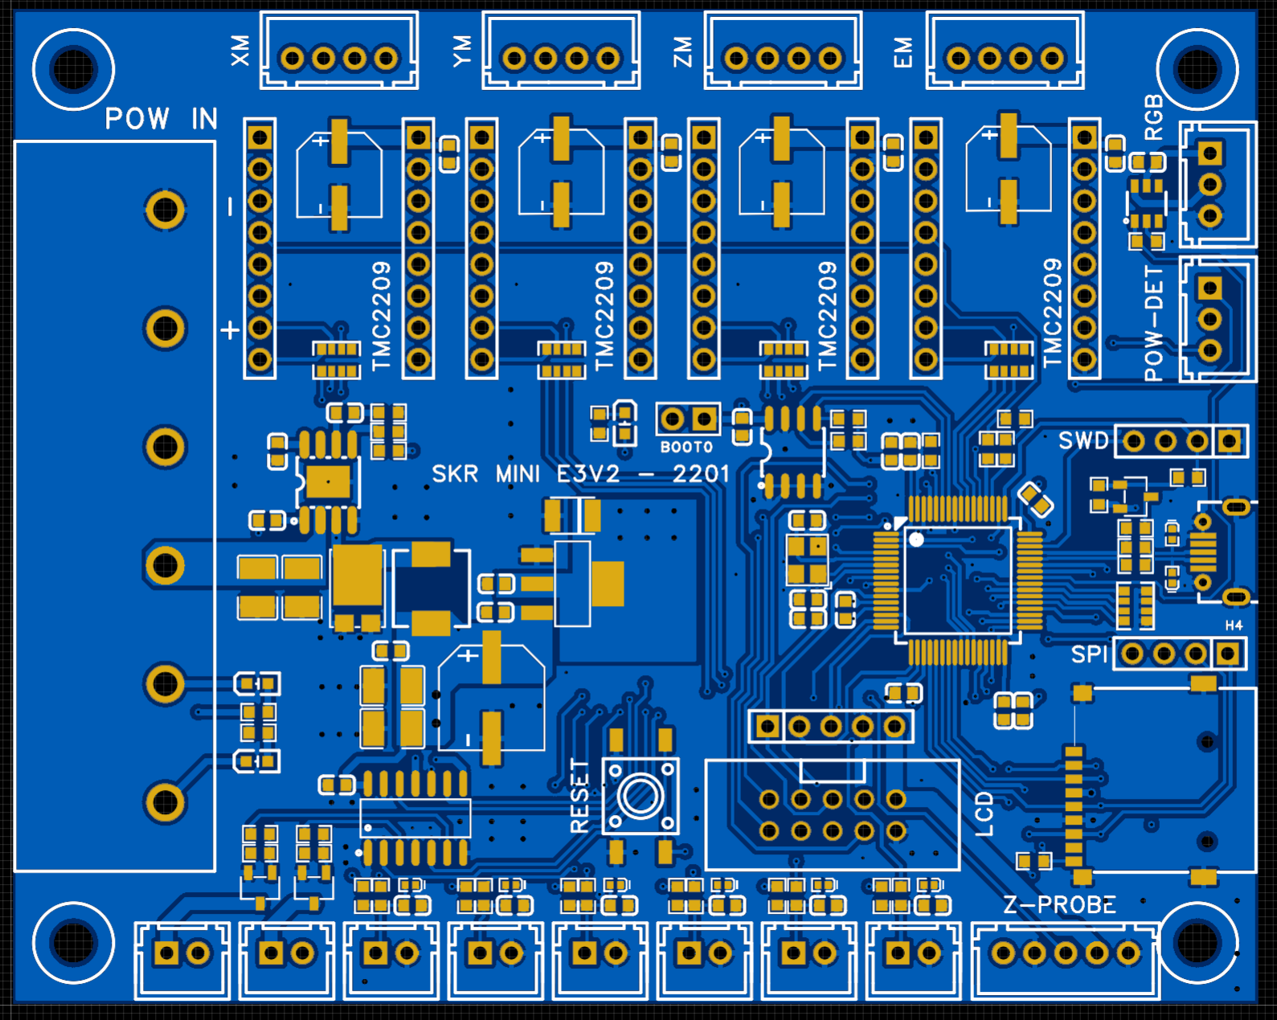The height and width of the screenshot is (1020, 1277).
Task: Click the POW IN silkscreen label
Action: [161, 119]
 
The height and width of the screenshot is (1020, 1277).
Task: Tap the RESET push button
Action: [640, 797]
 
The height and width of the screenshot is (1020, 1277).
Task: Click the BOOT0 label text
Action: [686, 447]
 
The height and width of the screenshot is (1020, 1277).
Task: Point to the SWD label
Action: [1083, 440]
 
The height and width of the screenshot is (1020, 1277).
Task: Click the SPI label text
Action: [1089, 654]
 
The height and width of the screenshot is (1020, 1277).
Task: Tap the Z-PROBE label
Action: [1059, 905]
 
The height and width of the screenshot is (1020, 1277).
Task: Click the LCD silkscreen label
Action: [984, 813]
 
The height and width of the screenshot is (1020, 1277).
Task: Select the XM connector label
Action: [240, 51]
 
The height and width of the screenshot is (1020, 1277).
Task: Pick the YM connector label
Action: [461, 51]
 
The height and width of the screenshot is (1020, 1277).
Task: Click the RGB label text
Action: [1153, 117]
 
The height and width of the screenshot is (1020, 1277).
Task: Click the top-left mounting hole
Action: [73, 69]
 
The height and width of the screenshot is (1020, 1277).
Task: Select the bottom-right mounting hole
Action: [1197, 942]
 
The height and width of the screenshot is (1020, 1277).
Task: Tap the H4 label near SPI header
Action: [1234, 625]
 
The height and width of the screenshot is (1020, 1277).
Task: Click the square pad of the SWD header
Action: [1229, 440]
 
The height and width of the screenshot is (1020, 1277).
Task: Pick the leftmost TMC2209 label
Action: [381, 315]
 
